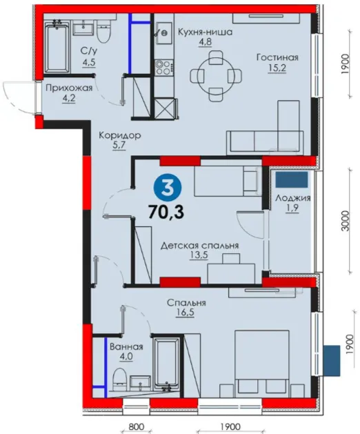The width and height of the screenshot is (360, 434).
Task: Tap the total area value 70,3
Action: click(x=166, y=213)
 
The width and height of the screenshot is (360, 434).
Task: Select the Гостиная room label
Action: click(x=277, y=57)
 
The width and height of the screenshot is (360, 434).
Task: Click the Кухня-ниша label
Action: click(x=205, y=32)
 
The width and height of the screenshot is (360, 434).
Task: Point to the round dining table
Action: click(x=216, y=75)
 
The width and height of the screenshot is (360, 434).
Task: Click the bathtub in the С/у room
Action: click(x=57, y=48)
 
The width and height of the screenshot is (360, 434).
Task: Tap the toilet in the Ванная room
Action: click(x=120, y=379)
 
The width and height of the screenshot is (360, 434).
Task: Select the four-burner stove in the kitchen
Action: click(x=164, y=67)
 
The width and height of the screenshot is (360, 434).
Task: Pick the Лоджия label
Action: click(x=293, y=198)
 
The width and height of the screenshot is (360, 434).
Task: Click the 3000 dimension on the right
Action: click(x=346, y=221)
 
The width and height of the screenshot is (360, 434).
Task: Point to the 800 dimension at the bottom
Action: click(x=136, y=426)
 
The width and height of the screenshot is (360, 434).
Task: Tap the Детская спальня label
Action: click(x=199, y=246)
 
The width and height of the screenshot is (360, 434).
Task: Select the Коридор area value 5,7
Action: click(x=119, y=146)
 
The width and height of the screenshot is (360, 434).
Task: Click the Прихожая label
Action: click(x=69, y=88)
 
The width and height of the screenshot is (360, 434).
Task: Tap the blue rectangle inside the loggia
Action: click(x=292, y=179)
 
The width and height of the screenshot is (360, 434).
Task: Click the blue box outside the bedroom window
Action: click(x=332, y=360)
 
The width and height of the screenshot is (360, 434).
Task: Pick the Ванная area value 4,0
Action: click(x=126, y=357)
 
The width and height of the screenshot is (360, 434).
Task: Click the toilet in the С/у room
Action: click(x=104, y=32)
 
